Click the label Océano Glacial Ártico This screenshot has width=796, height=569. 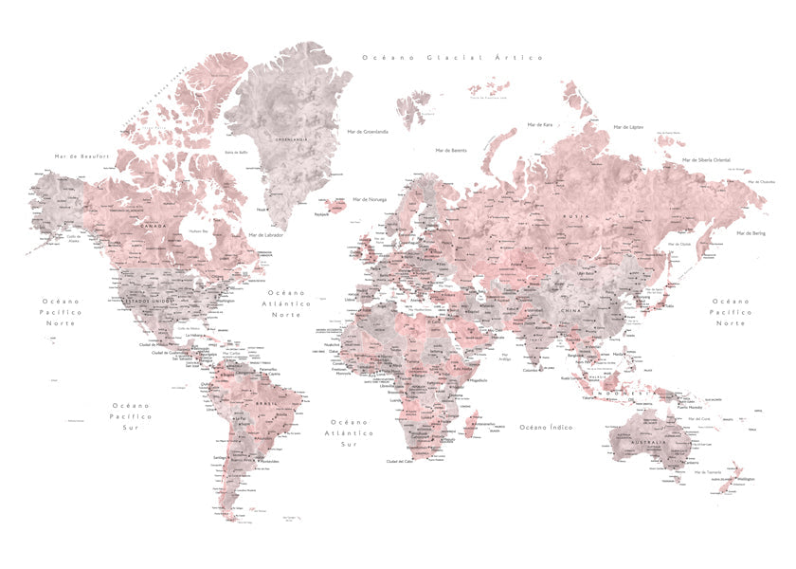(x=453, y=58)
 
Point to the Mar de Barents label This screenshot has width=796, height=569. (x=451, y=150)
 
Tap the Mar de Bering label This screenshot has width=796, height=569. (x=751, y=232)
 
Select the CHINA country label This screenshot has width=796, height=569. (x=571, y=309)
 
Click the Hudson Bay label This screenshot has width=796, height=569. (x=198, y=230)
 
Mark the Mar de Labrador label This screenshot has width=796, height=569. (x=267, y=235)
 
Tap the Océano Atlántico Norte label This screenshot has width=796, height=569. (x=286, y=303)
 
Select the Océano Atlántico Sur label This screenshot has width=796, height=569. (x=349, y=432)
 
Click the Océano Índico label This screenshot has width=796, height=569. (x=546, y=428)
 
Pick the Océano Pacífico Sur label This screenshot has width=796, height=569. (x=130, y=415)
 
